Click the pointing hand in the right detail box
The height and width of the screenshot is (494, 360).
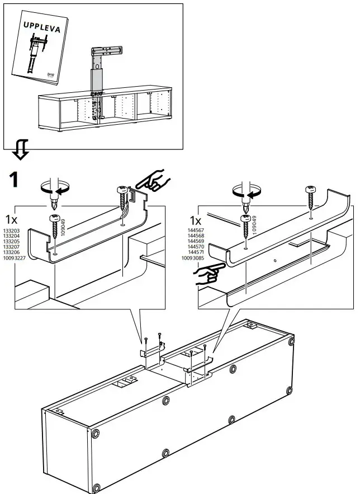[x=206, y=274]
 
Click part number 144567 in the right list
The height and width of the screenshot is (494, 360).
[x=198, y=230]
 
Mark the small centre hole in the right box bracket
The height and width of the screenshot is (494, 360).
[x=276, y=260]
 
